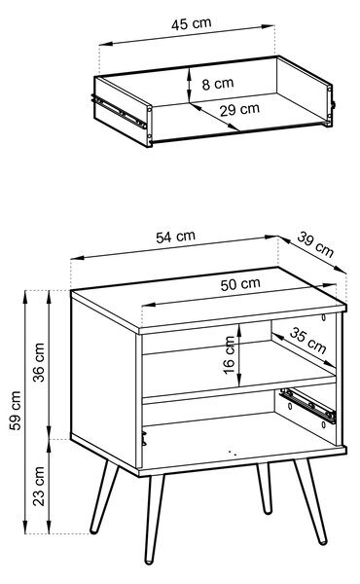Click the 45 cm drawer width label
coord(192,23)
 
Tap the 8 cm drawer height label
coord(218,84)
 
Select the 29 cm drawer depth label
coord(239,109)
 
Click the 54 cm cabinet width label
coord(175,237)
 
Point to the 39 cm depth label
coord(315,244)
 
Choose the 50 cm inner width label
coord(240,284)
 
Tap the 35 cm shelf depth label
coord(307,340)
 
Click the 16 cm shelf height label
coord(229,355)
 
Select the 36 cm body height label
coord(38,362)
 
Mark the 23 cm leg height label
coord(38,486)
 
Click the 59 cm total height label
coord(15,411)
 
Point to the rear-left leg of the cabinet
coord(105,496)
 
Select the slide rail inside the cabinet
coord(307,405)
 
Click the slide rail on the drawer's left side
coord(119,111)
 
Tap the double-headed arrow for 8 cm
coord(190,85)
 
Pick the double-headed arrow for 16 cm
coord(239,355)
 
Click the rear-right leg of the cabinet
coord(264,489)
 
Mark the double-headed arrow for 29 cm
coord(214,117)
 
